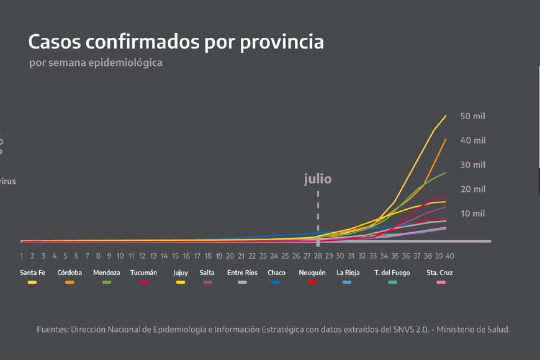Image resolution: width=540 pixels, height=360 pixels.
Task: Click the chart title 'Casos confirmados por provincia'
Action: tap(176, 42)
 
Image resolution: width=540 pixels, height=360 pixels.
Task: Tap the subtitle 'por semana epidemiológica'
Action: tap(96, 63)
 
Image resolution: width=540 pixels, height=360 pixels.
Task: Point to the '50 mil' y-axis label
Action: tap(472, 116)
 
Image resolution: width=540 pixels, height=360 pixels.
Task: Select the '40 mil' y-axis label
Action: tap(472, 140)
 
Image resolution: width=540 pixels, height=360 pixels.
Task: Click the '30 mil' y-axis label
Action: tap(472, 164)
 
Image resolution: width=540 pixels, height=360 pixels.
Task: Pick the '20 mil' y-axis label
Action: tap(472, 189)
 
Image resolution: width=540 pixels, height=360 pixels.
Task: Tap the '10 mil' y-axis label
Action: tap(472, 214)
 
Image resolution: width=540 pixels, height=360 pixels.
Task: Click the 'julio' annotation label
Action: tap(318, 179)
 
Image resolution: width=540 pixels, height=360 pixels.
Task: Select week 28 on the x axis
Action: tap(318, 256)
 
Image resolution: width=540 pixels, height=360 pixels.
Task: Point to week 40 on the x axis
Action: tap(450, 256)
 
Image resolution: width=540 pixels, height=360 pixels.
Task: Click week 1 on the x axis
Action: tap(21, 256)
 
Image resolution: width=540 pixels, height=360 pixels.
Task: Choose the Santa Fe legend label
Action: tap(32, 272)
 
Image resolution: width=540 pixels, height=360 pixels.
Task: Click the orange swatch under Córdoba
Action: tap(70, 282)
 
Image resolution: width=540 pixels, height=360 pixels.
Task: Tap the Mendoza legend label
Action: tap(106, 272)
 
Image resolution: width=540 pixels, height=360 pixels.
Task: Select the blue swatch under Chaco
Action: tap(276, 282)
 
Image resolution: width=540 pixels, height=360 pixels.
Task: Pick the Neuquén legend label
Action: tap(312, 272)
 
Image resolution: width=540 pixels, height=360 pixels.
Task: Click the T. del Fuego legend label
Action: tap(392, 272)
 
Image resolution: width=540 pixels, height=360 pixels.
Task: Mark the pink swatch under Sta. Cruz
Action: tap(440, 282)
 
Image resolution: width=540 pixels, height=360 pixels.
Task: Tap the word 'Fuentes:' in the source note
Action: tap(52, 330)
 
